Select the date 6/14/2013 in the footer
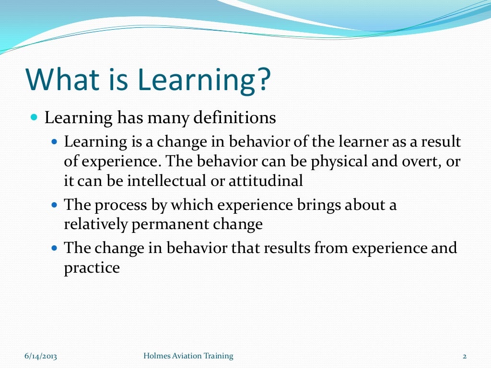click(41, 356)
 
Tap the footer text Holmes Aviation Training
click(188, 356)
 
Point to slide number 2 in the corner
click(465, 356)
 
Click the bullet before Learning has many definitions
click(34, 117)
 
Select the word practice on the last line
click(92, 268)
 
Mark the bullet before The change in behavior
click(54, 248)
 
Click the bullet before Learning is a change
click(54, 142)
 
